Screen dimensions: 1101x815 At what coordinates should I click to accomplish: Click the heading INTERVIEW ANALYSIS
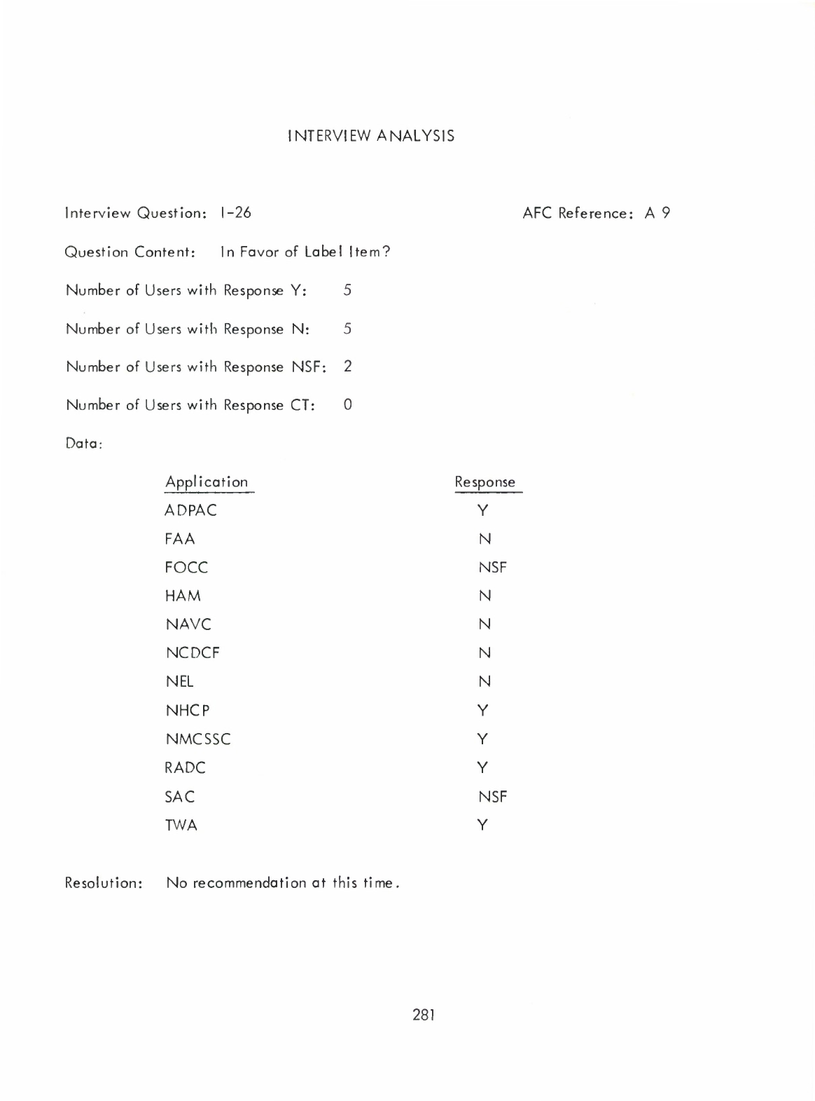pyautogui.click(x=370, y=136)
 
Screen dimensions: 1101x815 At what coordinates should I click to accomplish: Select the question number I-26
pyautogui.click(x=235, y=212)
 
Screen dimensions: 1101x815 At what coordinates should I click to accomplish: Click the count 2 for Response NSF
pyautogui.click(x=347, y=367)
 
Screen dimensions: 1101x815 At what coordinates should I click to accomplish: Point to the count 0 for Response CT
pyautogui.click(x=348, y=404)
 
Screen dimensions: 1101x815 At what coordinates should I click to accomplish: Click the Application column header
pyautogui.click(x=207, y=482)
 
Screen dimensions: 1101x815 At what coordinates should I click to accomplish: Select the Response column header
pyautogui.click(x=485, y=482)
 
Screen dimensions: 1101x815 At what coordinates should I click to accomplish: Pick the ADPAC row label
pyautogui.click(x=190, y=511)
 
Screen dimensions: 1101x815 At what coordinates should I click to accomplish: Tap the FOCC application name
pyautogui.click(x=186, y=568)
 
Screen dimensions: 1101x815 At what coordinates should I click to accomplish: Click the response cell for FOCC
pyautogui.click(x=492, y=568)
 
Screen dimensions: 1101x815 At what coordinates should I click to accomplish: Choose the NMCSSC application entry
pyautogui.click(x=197, y=739)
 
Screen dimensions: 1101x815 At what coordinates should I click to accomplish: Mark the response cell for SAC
pyautogui.click(x=492, y=797)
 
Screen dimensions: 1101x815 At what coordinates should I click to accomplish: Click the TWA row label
pyautogui.click(x=181, y=826)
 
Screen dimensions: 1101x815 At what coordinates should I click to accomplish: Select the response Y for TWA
pyautogui.click(x=483, y=826)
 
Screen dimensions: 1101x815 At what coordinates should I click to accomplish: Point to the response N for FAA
pyautogui.click(x=485, y=539)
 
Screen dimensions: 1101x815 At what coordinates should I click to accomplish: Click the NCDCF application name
pyautogui.click(x=192, y=653)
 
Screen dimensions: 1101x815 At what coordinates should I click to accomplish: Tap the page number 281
pyautogui.click(x=424, y=1014)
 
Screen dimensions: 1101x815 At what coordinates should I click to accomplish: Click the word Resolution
pyautogui.click(x=103, y=883)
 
